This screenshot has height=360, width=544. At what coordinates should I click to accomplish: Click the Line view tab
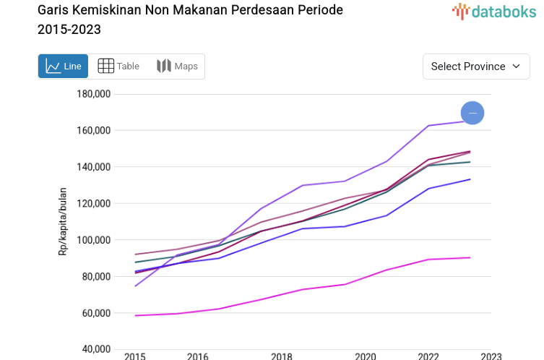click(x=64, y=67)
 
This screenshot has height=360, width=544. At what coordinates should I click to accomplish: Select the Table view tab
click(x=118, y=67)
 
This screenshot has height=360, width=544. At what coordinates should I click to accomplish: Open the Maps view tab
click(x=177, y=67)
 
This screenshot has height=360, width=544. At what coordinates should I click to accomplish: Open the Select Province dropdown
click(x=476, y=67)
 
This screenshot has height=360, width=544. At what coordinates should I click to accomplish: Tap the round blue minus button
click(x=472, y=113)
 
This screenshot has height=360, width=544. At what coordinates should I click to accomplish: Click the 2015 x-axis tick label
click(x=135, y=356)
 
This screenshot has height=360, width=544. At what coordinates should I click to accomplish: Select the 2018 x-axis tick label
click(x=282, y=356)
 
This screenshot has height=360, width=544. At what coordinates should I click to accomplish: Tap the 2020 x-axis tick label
click(x=366, y=356)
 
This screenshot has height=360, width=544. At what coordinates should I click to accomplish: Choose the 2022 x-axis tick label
click(x=428, y=356)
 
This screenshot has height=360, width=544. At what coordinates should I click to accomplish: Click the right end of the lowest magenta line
click(x=470, y=257)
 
